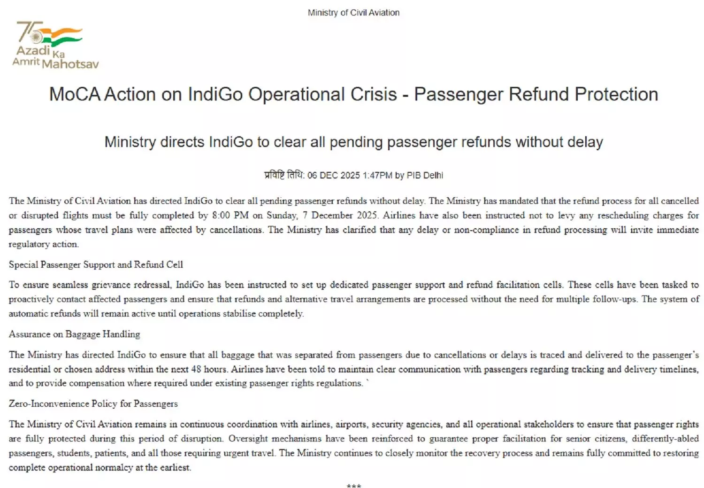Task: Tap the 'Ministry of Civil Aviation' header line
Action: pyautogui.click(x=353, y=13)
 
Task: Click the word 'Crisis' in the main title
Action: pyautogui.click(x=374, y=94)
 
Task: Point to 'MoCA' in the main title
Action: pyautogui.click(x=75, y=94)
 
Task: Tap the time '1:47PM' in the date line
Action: pyautogui.click(x=377, y=175)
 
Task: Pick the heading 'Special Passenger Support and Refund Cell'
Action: pyautogui.click(x=96, y=264)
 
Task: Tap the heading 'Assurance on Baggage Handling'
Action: pyautogui.click(x=74, y=334)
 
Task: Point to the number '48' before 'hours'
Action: pyautogui.click(x=196, y=369)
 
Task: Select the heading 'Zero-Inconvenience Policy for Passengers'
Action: pyautogui.click(x=93, y=403)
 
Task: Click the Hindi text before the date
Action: pyautogui.click(x=284, y=175)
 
